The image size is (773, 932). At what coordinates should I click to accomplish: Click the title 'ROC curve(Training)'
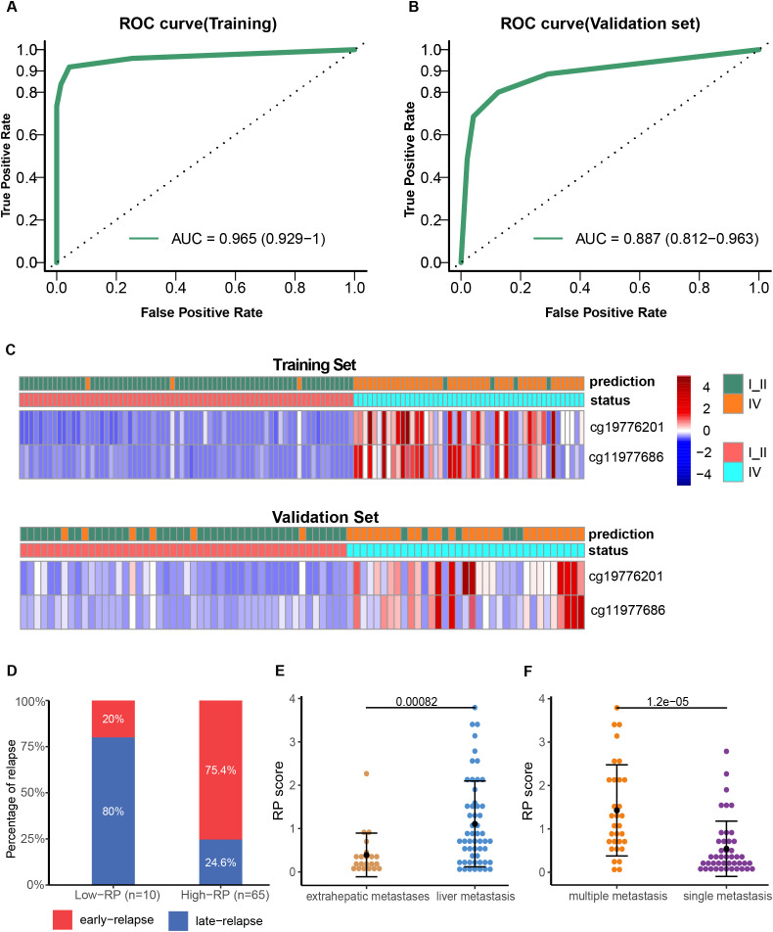point(198,23)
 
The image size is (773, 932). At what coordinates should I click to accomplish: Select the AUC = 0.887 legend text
point(667,239)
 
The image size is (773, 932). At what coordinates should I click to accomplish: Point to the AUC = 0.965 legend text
point(249,239)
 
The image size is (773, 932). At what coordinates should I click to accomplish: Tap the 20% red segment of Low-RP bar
point(114,719)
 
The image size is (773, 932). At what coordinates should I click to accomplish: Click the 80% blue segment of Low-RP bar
point(114,811)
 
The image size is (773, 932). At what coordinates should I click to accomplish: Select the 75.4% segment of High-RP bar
point(220,769)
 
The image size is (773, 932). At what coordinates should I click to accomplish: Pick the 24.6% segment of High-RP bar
point(220,862)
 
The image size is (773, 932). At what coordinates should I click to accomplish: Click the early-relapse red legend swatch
point(63,919)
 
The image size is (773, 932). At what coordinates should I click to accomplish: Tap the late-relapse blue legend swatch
point(178,920)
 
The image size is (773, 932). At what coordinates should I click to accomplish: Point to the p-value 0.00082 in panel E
point(417,701)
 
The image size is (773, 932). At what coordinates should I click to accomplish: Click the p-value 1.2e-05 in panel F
point(668,701)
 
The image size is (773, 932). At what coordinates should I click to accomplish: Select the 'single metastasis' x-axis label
point(727,896)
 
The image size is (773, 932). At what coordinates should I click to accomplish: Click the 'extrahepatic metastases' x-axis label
point(368,896)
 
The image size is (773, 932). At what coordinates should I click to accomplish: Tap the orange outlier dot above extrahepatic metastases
point(367,773)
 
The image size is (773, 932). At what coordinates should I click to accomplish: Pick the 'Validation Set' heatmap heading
point(325,517)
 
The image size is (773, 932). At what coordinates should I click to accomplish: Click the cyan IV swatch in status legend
point(733,472)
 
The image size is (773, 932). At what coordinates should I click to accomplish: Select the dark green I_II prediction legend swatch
point(733,384)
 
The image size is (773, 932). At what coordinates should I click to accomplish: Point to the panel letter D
point(12,671)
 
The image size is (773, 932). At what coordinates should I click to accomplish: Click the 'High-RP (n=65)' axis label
point(225,895)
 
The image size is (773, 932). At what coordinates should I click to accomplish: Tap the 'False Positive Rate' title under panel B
point(606,312)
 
